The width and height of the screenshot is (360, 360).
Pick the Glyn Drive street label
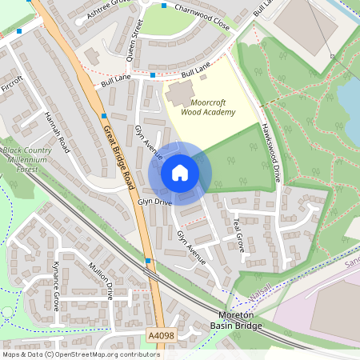point(154,202)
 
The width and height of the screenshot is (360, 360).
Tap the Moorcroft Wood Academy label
point(207,107)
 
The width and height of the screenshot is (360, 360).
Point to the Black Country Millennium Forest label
point(24,159)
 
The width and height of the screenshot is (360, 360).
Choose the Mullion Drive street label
point(102,280)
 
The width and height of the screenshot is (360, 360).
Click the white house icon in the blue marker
point(180,173)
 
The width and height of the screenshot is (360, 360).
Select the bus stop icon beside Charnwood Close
point(164,6)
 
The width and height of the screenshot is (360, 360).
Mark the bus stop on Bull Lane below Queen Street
point(153,75)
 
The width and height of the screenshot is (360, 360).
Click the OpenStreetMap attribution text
point(81,354)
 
